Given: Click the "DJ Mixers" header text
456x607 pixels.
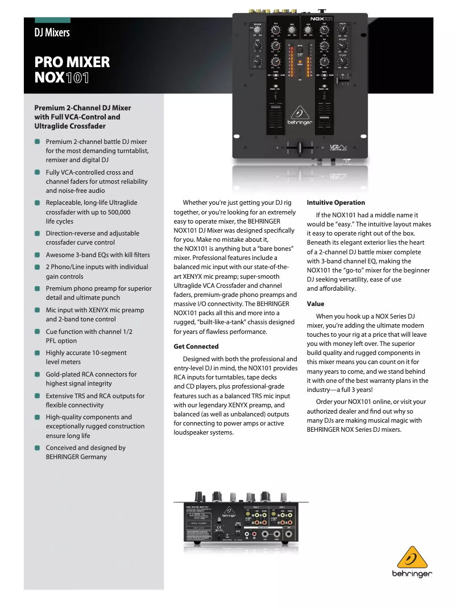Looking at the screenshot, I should (x=52, y=32).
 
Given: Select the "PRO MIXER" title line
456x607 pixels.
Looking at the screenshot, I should (x=72, y=62).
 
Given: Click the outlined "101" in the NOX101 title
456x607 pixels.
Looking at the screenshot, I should (x=77, y=77).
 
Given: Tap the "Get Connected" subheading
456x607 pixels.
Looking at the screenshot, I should (x=196, y=346).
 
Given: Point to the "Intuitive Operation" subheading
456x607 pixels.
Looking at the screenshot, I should (x=335, y=203).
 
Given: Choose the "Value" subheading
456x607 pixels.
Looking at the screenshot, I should (x=315, y=304).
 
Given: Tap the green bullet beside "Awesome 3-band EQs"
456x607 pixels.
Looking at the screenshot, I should (x=37, y=255).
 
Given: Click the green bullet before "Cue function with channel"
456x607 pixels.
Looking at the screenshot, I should (x=37, y=331).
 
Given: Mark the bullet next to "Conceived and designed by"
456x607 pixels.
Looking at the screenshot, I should (x=37, y=448).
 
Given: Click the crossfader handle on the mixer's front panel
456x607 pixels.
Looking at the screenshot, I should (x=300, y=147).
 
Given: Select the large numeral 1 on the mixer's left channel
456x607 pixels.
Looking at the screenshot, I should (x=276, y=98).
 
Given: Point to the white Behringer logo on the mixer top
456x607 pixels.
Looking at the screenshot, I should (x=299, y=114).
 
